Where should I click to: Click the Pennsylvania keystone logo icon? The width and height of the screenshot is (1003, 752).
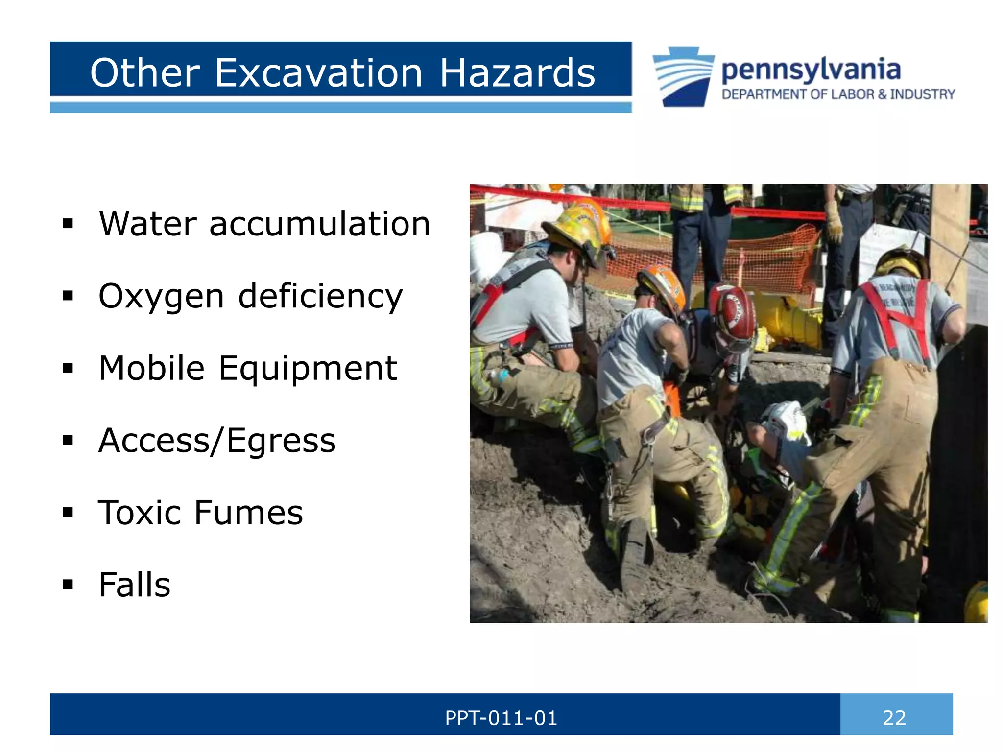(683, 76)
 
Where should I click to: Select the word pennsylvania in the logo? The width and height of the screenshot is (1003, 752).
(811, 70)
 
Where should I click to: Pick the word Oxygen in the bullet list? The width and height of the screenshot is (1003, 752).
(161, 297)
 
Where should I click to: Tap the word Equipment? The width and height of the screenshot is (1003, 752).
(308, 368)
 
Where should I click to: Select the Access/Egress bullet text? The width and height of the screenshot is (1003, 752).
(217, 440)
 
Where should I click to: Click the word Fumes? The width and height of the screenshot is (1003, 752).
(248, 512)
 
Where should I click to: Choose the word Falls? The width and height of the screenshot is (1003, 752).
(134, 585)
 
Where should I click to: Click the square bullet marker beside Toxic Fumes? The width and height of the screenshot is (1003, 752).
(68, 513)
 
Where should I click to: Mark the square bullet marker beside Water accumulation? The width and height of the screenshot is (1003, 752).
(68, 224)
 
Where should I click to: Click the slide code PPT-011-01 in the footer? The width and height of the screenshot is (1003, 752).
(501, 718)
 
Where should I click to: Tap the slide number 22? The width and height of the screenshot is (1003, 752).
(894, 718)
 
